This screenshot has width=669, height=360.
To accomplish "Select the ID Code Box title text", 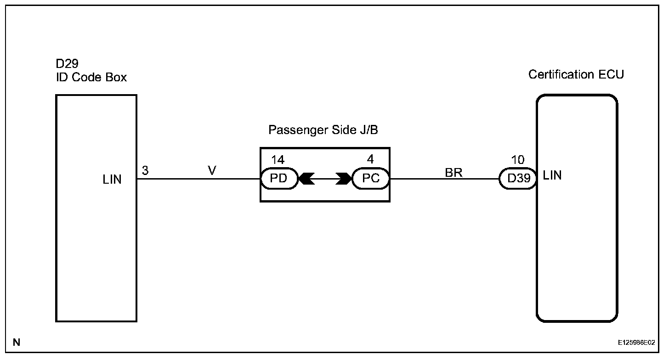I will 91,77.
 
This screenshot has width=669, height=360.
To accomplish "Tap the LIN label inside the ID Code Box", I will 112,180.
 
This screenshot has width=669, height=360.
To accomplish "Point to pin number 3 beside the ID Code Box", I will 145,171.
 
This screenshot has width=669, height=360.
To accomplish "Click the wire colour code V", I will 212,171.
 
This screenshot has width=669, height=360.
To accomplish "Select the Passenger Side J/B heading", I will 323,130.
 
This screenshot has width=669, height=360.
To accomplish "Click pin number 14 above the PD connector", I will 278,160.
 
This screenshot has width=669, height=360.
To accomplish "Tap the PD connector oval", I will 279,179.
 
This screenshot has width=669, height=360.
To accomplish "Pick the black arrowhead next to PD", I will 306,179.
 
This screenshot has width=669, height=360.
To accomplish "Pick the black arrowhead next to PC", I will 343,179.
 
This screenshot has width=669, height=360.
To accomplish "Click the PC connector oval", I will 370,179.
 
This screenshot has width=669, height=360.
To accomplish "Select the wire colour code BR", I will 454,173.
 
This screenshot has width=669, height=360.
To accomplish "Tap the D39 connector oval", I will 518,179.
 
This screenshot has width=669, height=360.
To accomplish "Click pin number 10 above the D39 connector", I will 517,160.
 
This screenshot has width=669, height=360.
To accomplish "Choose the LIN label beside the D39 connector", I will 552,175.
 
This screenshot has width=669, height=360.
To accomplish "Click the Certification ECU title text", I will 576,74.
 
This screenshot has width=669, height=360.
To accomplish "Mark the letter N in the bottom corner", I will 17,342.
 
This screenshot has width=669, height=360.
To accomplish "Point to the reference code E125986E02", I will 636,343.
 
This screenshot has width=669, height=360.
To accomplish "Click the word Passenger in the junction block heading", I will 296,130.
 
